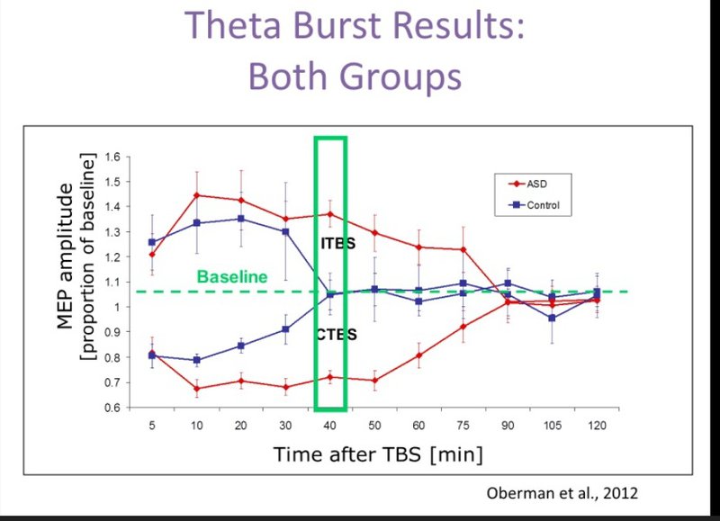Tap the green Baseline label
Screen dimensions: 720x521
pyautogui.click(x=232, y=277)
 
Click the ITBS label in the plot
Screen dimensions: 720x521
pyautogui.click(x=338, y=243)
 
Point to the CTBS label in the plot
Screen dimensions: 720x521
pyautogui.click(x=337, y=334)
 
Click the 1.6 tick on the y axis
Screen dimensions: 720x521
pyautogui.click(x=112, y=157)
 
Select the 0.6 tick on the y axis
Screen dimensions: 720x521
pyautogui.click(x=112, y=408)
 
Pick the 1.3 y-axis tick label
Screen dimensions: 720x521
pyautogui.click(x=112, y=232)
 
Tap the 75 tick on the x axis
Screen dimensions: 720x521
pyautogui.click(x=463, y=426)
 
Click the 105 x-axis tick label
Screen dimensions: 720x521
pyautogui.click(x=553, y=426)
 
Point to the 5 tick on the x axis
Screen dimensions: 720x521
pyautogui.click(x=152, y=426)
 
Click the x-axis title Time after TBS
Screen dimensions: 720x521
pyautogui.click(x=347, y=454)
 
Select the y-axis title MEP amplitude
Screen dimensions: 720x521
pyautogui.click(x=65, y=256)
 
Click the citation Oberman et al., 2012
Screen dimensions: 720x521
pyautogui.click(x=562, y=493)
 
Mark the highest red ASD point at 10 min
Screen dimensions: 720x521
pyautogui.click(x=197, y=195)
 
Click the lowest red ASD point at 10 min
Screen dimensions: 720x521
pyautogui.click(x=197, y=389)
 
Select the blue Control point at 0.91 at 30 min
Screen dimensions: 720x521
pyautogui.click(x=285, y=329)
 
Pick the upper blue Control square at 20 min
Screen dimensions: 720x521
pyautogui.click(x=241, y=219)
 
